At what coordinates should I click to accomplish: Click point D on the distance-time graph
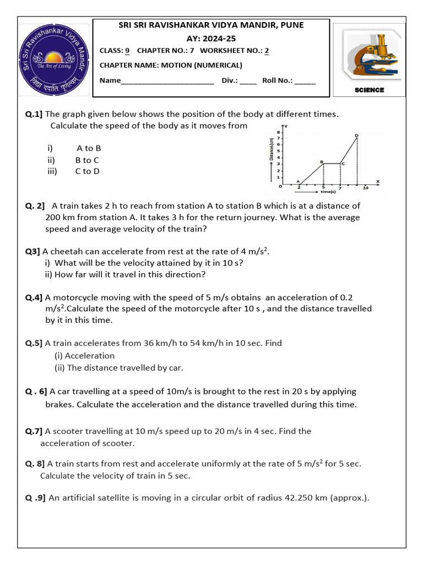click(357, 135)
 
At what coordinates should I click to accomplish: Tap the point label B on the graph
click(322, 161)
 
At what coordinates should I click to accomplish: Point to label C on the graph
click(343, 164)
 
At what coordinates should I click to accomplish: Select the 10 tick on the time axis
click(365, 188)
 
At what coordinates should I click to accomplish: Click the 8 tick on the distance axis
click(279, 133)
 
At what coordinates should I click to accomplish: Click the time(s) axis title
click(328, 192)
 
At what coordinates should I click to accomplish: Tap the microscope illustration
click(367, 55)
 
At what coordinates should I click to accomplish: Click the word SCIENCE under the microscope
click(369, 90)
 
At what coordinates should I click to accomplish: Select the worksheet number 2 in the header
click(267, 51)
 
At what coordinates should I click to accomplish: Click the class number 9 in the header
click(127, 51)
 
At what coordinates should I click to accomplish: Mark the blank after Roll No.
click(305, 80)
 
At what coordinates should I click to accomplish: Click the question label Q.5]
click(34, 343)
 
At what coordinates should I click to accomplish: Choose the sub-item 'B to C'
click(87, 160)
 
